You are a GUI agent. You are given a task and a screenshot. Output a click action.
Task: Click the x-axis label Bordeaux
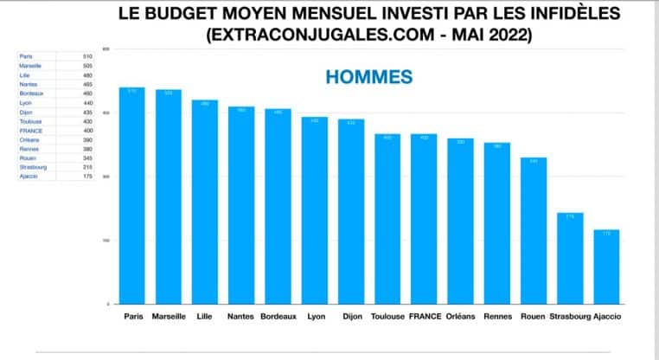(x=278, y=317)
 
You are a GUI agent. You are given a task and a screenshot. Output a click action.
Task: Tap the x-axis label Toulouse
(x=387, y=317)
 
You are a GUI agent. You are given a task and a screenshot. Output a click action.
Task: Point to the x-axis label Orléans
(x=460, y=317)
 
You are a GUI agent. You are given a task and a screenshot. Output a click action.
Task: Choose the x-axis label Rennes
(x=497, y=317)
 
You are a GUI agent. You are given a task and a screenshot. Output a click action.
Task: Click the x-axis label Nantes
(x=241, y=317)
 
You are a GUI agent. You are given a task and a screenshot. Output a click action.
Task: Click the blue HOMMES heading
(x=368, y=77)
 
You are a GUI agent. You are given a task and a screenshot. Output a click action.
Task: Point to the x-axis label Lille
(x=204, y=317)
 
